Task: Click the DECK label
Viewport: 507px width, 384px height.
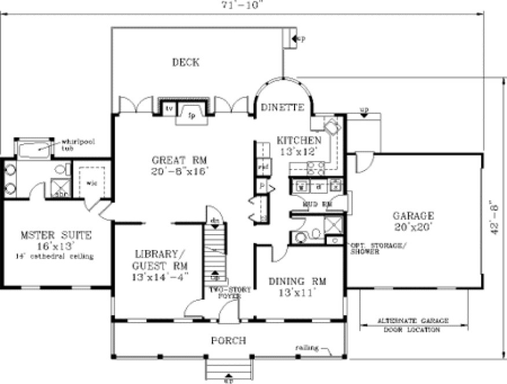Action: (185, 62)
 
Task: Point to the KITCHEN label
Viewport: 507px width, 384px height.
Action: (299, 141)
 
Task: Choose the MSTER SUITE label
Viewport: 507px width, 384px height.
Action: (56, 235)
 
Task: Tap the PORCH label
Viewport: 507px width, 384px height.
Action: (228, 340)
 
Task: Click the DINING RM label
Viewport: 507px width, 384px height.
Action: (297, 282)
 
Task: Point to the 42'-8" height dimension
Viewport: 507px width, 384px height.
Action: (494, 220)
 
